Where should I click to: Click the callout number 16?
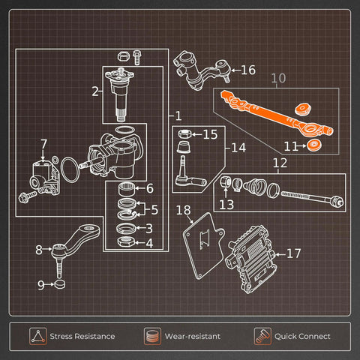pyautogui.click(x=248, y=70)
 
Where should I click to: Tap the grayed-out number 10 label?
pyautogui.click(x=278, y=78)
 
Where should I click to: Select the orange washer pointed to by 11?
pyautogui.click(x=314, y=145)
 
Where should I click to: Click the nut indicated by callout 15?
pyautogui.click(x=184, y=133)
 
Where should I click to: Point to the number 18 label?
pyautogui.click(x=183, y=210)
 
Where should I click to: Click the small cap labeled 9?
pyautogui.click(x=59, y=284)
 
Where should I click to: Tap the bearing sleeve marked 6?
pyautogui.click(x=126, y=189)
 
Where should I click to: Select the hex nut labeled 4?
pyautogui.click(x=126, y=241)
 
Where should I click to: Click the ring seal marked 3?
pyautogui.click(x=126, y=228)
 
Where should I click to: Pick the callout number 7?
pyautogui.click(x=44, y=144)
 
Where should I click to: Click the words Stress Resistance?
pyautogui.click(x=82, y=336)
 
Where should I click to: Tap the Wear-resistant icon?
pyautogui.click(x=152, y=336)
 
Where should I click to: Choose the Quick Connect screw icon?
pyautogui.click(x=262, y=336)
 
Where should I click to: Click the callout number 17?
pyautogui.click(x=294, y=253)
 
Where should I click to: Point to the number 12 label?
pyautogui.click(x=280, y=163)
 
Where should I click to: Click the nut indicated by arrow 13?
pyautogui.click(x=226, y=181)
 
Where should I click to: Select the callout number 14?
pyautogui.click(x=238, y=148)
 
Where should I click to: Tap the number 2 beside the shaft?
pyautogui.click(x=95, y=91)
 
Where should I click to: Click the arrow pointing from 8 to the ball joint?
pyautogui.click(x=47, y=249)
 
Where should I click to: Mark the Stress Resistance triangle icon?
pyautogui.click(x=37, y=336)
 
